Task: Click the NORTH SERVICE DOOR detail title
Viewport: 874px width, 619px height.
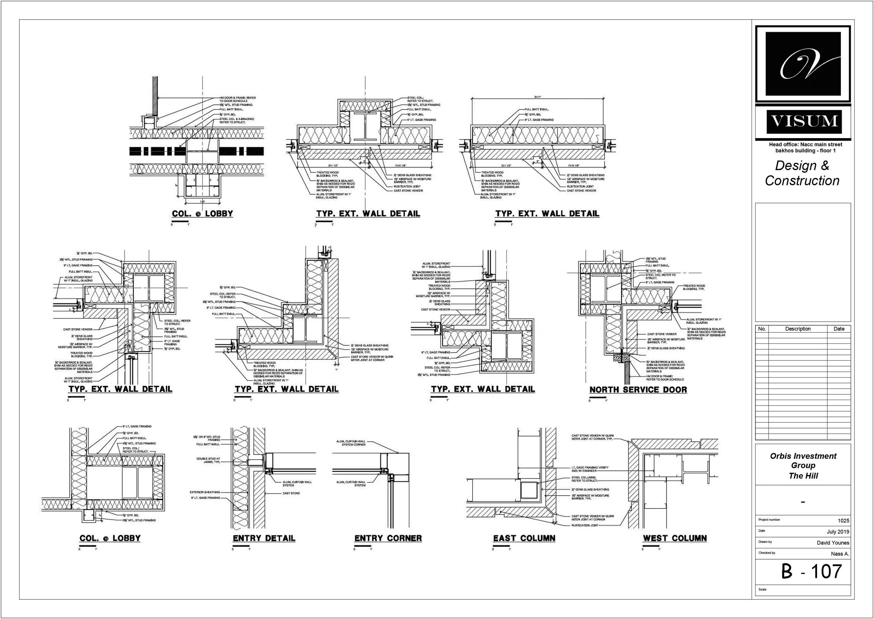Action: click(x=638, y=390)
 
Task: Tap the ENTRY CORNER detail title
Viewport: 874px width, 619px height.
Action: click(x=388, y=538)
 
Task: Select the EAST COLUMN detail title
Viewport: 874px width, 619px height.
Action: click(x=524, y=538)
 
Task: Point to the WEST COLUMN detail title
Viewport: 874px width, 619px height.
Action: click(x=675, y=538)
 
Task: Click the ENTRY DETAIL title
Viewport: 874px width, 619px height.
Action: click(x=264, y=538)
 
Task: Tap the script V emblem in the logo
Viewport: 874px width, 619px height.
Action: click(x=803, y=64)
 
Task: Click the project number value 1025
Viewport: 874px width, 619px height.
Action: click(x=843, y=521)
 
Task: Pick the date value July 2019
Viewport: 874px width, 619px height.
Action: click(x=838, y=532)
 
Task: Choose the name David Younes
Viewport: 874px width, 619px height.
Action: click(x=833, y=543)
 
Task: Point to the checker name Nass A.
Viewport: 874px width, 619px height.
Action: click(x=840, y=554)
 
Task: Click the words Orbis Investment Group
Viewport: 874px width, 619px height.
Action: click(x=803, y=461)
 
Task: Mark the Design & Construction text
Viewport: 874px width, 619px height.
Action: click(x=802, y=173)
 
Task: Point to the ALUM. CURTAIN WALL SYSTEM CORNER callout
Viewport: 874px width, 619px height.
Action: click(x=351, y=443)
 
